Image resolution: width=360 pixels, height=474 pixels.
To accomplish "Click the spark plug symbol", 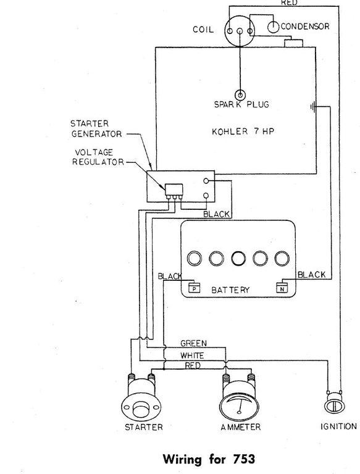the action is click(x=240, y=95).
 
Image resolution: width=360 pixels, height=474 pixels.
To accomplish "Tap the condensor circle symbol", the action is click(x=273, y=27).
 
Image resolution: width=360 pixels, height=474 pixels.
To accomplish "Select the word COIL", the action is click(x=203, y=30).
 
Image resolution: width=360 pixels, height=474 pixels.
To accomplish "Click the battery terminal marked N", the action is click(x=282, y=288).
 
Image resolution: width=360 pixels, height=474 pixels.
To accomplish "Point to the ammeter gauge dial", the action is click(x=239, y=404).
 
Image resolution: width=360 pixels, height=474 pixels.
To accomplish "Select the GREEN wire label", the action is click(x=194, y=343).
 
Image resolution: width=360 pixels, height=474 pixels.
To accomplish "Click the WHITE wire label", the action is click(x=193, y=355).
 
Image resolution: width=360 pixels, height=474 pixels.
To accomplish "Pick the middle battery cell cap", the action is click(x=238, y=259).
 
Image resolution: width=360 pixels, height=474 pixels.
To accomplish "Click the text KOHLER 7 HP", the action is click(x=243, y=131).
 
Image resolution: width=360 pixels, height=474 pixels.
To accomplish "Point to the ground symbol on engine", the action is click(x=313, y=107).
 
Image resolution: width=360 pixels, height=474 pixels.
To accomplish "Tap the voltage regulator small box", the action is click(x=174, y=190).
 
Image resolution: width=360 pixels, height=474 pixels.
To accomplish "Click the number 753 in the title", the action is click(x=243, y=459).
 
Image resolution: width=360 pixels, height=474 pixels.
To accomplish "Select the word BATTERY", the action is click(x=230, y=290).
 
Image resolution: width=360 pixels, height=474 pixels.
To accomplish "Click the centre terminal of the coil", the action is click(x=240, y=31).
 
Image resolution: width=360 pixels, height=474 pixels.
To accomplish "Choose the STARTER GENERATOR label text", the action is click(x=96, y=129).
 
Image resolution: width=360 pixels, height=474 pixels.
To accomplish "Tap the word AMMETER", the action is click(x=240, y=427).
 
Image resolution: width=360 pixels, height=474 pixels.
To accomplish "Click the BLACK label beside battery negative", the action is click(x=312, y=275).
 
